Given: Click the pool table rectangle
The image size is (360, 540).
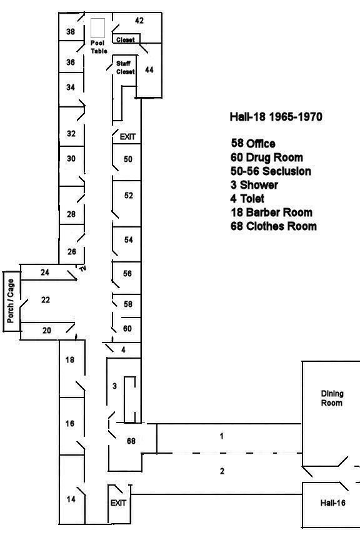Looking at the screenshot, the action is click(98, 28).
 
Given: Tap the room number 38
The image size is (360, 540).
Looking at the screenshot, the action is click(70, 32).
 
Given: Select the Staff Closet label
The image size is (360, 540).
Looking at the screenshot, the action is click(125, 67).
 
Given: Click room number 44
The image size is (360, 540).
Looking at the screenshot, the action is click(149, 70).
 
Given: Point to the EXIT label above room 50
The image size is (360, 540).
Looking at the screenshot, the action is click(127, 137).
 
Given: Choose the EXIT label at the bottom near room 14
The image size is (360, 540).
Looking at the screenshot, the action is click(118, 503).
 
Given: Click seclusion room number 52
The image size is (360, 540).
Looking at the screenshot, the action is click(129, 196).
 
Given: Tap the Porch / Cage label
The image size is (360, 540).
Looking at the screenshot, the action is click(11, 301).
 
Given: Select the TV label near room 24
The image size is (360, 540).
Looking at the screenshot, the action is click(82, 269).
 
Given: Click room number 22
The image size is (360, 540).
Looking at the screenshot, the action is click(46, 300).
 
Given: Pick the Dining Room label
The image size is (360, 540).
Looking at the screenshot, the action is click(332, 399).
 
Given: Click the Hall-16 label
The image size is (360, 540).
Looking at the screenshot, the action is click(332, 503).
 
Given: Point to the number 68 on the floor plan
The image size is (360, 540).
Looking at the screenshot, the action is click(131, 441).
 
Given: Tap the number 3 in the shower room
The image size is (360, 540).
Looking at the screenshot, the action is click(115, 386).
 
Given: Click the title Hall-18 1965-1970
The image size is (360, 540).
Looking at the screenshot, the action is click(276, 117).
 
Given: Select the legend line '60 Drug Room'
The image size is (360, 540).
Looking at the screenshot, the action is click(267, 157).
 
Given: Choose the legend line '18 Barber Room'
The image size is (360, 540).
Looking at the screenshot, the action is click(271, 212).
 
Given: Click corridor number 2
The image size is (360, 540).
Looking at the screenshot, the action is click(222, 471).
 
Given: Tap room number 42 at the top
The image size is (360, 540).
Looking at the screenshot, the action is click(139, 21).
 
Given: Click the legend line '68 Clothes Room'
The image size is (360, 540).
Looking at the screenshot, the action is click(274, 226).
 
